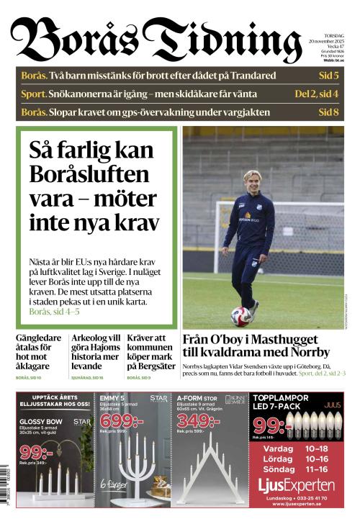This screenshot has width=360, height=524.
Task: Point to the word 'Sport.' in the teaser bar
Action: pos(34,94)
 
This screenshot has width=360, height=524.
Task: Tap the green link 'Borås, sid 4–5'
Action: pos(54,312)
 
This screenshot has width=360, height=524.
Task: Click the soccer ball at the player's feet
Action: pos(240,315)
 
